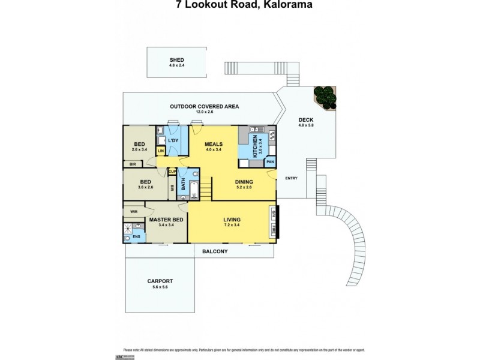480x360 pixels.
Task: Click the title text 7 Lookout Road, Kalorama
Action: (x=240, y=5)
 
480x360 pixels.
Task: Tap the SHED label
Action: (x=176, y=60)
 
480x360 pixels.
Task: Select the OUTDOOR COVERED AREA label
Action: (x=204, y=106)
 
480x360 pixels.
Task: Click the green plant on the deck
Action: (x=325, y=97)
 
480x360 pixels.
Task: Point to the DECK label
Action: (x=306, y=119)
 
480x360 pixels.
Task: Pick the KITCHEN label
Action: (x=255, y=146)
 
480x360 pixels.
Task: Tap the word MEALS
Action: (x=214, y=144)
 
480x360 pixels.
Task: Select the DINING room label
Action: (x=244, y=182)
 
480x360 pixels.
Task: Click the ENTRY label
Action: (x=291, y=178)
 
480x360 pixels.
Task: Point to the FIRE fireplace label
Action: (x=274, y=228)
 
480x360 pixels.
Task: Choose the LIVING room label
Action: (x=231, y=220)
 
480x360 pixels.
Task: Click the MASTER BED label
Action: (x=166, y=220)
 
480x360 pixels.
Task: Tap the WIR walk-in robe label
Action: (x=133, y=211)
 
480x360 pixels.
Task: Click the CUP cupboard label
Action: (x=172, y=172)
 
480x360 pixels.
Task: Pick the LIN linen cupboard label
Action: (x=160, y=151)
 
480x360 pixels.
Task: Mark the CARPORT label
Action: (x=160, y=281)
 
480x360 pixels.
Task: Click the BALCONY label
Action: (x=215, y=251)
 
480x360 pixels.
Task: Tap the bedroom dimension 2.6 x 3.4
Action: (x=139, y=149)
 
